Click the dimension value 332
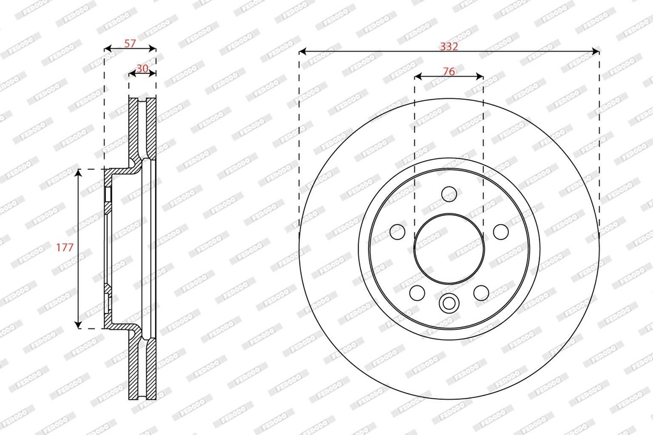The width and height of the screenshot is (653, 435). pos(449,46)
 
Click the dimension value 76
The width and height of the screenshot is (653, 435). pos(448,72)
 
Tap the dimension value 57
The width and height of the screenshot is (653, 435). pos(130,43)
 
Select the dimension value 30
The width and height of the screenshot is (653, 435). pos(142,68)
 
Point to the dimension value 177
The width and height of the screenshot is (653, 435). pos(65,247)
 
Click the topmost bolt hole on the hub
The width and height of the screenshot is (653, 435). pos(449,194)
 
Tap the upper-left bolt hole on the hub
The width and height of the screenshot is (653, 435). pos(397,231)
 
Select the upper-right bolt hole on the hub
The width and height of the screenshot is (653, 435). pos(501,231)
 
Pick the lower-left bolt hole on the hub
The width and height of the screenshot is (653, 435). pos(417,293)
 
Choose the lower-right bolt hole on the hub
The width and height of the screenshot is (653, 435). pos(481,293)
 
